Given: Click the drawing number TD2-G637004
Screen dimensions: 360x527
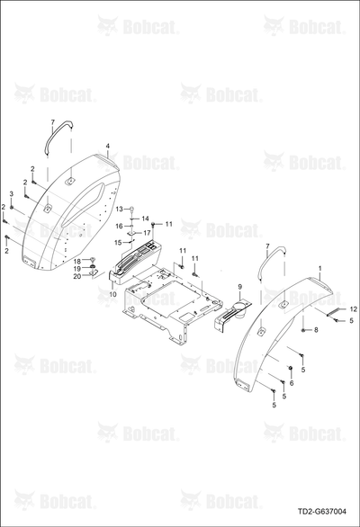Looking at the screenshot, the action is click(x=321, y=512).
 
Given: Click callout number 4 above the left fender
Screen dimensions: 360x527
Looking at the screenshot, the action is click(x=108, y=146).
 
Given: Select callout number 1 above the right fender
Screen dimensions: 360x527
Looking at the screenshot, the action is click(x=320, y=269).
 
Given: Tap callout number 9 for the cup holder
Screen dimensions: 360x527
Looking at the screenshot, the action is click(x=240, y=287).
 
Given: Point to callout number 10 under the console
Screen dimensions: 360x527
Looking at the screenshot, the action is click(x=113, y=294).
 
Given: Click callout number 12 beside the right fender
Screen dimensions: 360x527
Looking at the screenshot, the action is click(x=354, y=309).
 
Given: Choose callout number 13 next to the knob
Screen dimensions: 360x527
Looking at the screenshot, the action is click(x=120, y=209).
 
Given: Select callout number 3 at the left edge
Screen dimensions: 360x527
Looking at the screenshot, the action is click(x=11, y=194).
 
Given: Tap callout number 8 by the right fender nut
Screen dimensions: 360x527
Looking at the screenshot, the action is click(x=316, y=330).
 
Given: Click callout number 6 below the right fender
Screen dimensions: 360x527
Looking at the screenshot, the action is click(x=292, y=383).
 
